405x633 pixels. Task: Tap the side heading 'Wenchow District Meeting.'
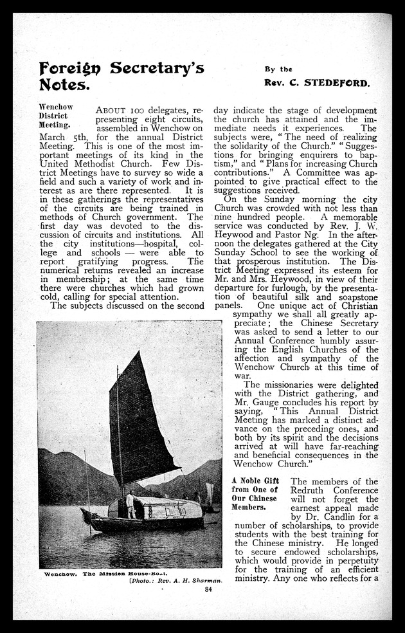coord(56,115)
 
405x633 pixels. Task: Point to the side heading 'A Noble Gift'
coord(255,481)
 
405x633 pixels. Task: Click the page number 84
coord(208,589)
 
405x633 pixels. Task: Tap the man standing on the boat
coord(130,504)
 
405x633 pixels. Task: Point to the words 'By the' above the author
coord(278,69)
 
